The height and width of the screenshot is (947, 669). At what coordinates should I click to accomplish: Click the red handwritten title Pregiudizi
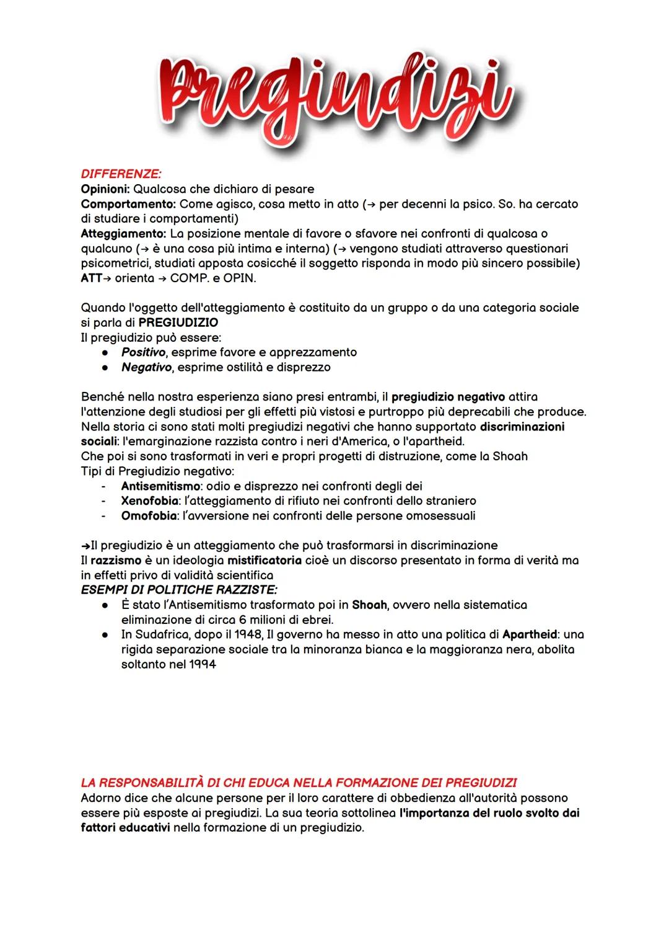[334, 96]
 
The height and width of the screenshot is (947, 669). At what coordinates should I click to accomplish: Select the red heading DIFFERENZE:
[121, 174]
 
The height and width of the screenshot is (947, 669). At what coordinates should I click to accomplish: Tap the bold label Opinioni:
[105, 189]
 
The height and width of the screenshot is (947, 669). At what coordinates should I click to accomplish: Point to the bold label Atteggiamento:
[124, 233]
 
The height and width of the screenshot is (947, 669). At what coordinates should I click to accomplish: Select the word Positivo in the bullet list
[143, 352]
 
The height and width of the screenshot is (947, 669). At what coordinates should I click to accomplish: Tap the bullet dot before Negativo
[107, 367]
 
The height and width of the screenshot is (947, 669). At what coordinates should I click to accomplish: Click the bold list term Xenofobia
[150, 500]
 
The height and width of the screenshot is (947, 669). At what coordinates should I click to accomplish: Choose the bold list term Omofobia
[148, 515]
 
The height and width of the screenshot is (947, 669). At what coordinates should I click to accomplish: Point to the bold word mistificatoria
[256, 560]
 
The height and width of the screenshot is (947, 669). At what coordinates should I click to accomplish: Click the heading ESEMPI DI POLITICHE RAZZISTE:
[179, 589]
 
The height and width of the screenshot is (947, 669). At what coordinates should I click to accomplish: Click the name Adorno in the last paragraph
[103, 798]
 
